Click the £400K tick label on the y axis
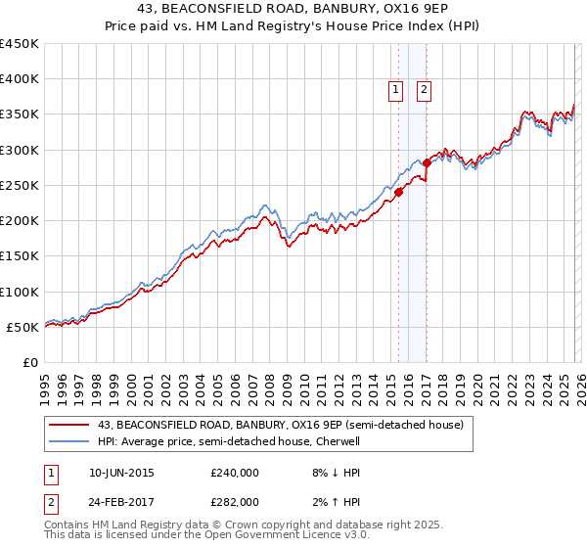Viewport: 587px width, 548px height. coord(20,79)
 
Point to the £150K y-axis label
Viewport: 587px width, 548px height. coord(20,256)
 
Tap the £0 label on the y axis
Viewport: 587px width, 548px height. coord(30,363)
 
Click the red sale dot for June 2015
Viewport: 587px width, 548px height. coord(398,193)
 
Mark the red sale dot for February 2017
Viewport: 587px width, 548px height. coord(428,162)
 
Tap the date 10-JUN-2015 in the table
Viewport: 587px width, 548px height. coord(121,473)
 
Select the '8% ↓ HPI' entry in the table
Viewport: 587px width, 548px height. coord(335,473)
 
